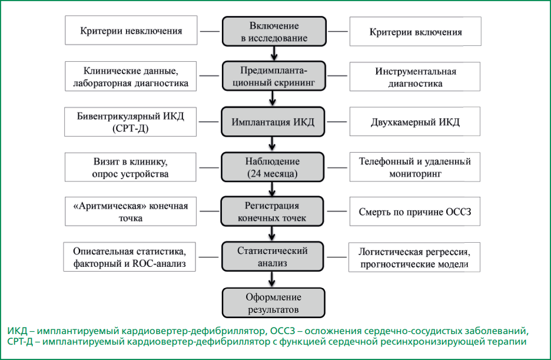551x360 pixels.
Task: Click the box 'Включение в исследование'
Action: (x=274, y=31)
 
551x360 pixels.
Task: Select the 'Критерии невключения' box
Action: (x=131, y=30)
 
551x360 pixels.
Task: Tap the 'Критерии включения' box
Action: (x=416, y=31)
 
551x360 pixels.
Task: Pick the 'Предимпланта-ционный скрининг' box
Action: (x=274, y=76)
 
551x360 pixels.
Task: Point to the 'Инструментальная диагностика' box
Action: (x=415, y=77)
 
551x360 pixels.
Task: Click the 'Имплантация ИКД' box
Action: (x=273, y=121)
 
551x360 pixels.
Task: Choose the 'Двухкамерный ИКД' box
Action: (x=415, y=121)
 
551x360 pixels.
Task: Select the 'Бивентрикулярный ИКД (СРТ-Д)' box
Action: (x=130, y=121)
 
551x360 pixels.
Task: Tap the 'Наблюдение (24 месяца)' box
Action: (x=273, y=167)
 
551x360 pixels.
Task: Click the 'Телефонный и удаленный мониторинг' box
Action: (x=415, y=167)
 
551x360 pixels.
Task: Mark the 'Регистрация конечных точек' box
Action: (x=272, y=212)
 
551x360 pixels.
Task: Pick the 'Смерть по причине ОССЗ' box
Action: (x=415, y=212)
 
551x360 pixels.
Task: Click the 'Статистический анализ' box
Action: (x=273, y=256)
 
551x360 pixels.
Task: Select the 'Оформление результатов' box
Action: (x=273, y=303)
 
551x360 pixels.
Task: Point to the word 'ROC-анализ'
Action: (x=159, y=263)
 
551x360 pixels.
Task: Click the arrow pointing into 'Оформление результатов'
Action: (x=271, y=279)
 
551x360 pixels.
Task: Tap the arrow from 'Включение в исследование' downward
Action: (x=274, y=54)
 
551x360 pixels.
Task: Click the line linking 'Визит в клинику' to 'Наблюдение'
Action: (x=209, y=167)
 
